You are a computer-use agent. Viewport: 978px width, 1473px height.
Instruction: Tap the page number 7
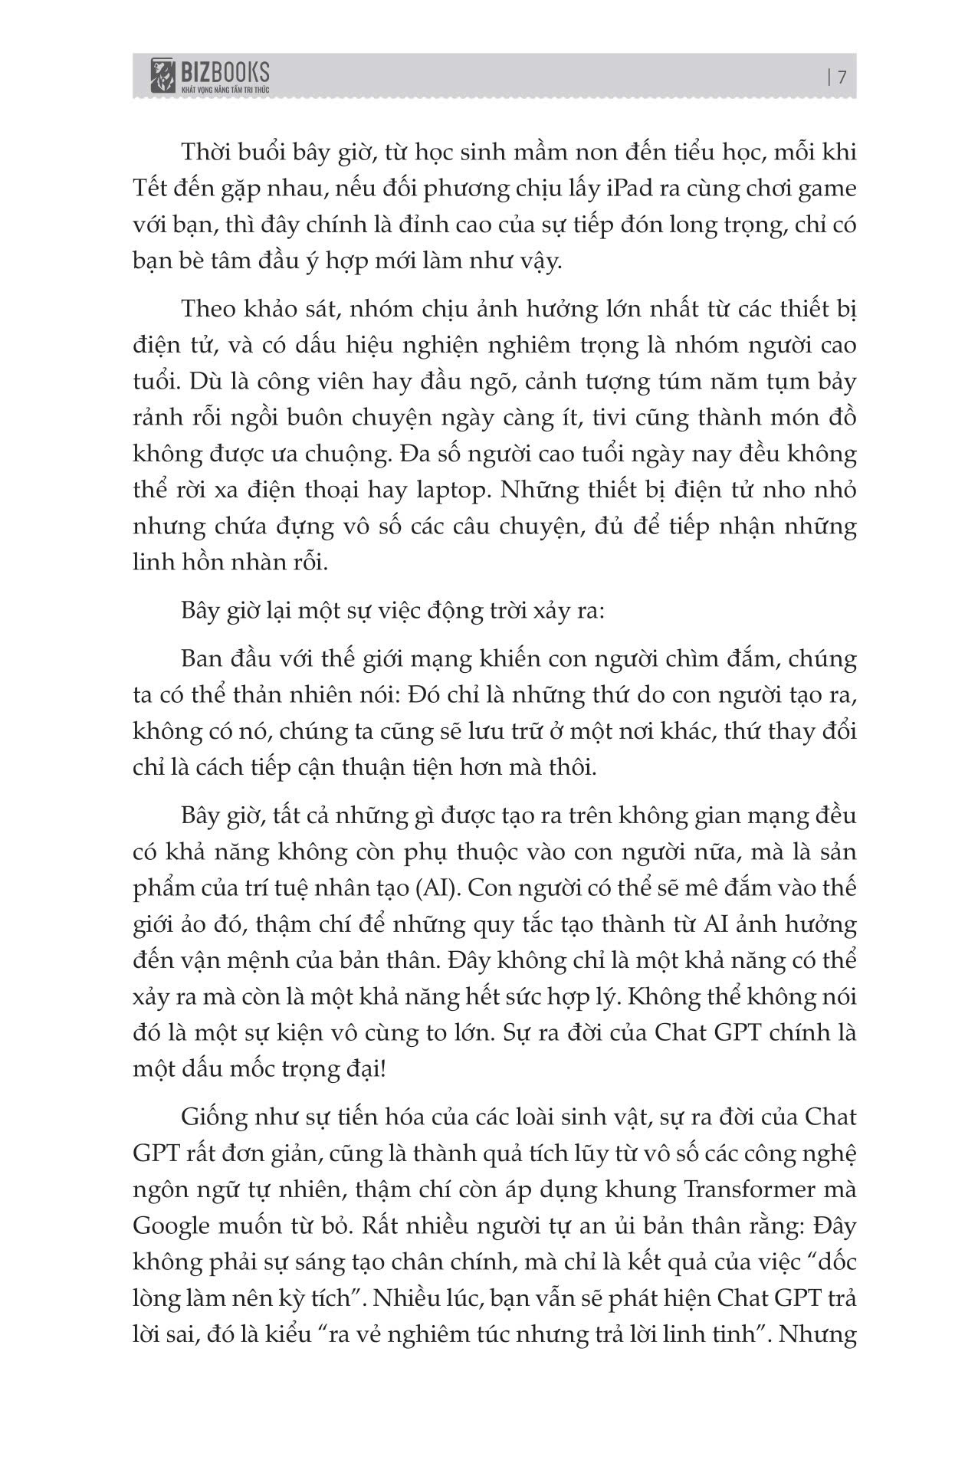pos(842,78)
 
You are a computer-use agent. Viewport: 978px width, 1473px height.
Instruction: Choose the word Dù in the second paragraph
pos(212,382)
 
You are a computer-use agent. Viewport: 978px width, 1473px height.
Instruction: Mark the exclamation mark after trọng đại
pos(382,1068)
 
